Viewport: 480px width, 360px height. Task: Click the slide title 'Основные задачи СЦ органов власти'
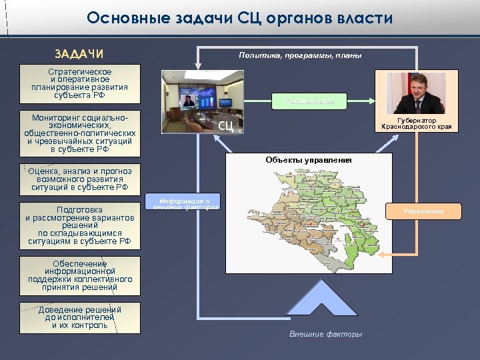click(x=239, y=18)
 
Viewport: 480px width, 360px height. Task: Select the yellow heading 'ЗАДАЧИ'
click(x=79, y=54)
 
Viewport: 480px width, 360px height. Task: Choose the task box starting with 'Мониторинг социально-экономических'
click(x=80, y=133)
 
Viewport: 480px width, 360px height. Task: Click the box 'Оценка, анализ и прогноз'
click(x=80, y=179)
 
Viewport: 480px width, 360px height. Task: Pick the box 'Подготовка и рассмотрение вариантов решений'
click(x=80, y=225)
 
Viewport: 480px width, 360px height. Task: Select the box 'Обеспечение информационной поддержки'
click(x=80, y=275)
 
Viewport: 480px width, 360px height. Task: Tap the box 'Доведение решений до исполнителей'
click(x=80, y=318)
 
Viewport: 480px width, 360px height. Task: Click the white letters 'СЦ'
click(x=226, y=126)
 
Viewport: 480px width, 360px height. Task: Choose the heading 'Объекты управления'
click(x=308, y=160)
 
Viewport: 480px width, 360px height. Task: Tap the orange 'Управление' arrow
click(x=423, y=211)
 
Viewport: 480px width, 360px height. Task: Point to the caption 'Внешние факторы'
click(x=326, y=334)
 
